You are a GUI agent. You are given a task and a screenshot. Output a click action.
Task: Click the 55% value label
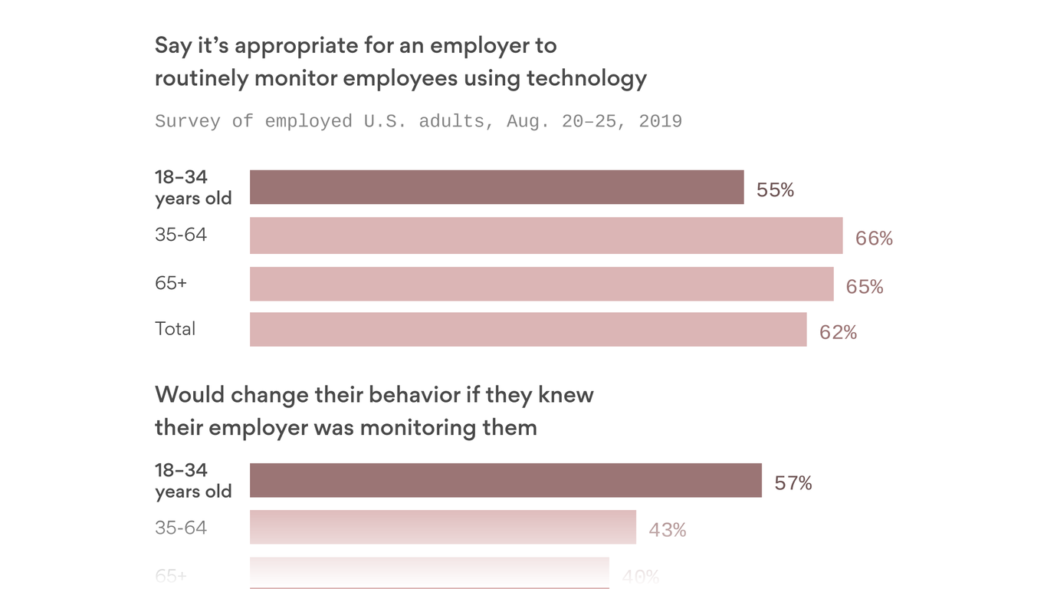(775, 190)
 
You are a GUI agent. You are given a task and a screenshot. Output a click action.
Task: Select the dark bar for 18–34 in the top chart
(497, 187)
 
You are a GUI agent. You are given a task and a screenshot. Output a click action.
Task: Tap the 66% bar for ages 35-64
(546, 235)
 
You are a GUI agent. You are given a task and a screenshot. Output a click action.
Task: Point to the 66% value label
(874, 239)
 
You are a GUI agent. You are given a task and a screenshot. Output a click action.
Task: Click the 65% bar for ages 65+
(541, 284)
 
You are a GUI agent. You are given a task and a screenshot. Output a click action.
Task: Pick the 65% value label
(865, 287)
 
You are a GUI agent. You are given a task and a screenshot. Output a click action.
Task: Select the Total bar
(528, 329)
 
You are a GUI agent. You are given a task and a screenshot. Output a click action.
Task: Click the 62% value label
(838, 332)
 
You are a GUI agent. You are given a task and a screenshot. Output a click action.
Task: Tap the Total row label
(175, 329)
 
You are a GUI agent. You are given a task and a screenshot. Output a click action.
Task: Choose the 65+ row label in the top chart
(171, 283)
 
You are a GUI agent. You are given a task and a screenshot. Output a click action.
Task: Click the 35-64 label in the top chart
(181, 235)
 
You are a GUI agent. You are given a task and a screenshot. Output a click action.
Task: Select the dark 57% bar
(506, 480)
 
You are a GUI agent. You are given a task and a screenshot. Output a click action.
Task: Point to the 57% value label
(793, 483)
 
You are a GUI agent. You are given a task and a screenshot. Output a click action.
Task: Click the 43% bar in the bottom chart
(443, 528)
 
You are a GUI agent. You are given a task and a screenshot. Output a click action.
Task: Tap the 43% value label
(668, 530)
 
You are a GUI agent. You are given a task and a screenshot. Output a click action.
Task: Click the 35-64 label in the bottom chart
(181, 528)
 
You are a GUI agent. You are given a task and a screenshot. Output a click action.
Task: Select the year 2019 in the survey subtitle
(660, 121)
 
